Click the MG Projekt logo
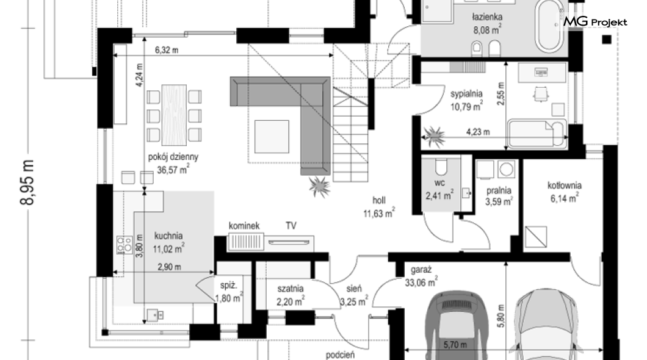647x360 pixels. point(595,21)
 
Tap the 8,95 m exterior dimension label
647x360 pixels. point(27,182)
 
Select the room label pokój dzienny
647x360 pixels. point(173,157)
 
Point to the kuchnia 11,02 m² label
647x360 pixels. point(168,242)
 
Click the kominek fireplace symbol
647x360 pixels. point(245,242)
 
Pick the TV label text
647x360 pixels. point(291,226)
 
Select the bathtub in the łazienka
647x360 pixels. point(548,26)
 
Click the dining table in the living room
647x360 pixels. point(174,115)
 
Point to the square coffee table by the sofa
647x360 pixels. point(272,136)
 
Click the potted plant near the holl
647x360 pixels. point(319,187)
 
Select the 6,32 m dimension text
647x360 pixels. point(167,50)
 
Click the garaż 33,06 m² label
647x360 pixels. point(421,276)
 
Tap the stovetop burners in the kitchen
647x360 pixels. point(124,245)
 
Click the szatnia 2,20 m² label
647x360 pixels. point(291,295)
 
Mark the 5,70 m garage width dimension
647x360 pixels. point(455,344)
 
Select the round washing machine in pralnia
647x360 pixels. point(506,169)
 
